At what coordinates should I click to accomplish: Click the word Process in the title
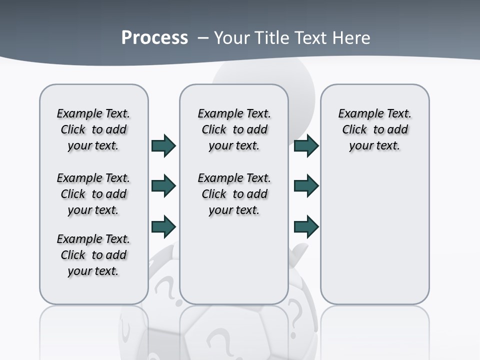click(154, 38)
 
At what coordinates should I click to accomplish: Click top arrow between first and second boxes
click(163, 146)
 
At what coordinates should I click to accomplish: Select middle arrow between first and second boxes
click(163, 186)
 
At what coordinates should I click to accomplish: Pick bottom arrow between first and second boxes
click(163, 226)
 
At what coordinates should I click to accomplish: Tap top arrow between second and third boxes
click(306, 146)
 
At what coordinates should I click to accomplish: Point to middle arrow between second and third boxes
click(306, 186)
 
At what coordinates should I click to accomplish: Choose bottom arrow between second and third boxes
click(306, 226)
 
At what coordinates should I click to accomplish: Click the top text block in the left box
click(93, 129)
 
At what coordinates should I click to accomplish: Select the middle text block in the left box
click(93, 194)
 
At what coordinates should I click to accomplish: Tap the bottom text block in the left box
click(93, 255)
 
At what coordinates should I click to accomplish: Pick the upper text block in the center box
click(234, 129)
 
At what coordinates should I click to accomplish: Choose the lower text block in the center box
click(234, 194)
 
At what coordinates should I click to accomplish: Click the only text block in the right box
click(374, 129)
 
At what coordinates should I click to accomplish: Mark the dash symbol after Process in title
click(203, 38)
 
